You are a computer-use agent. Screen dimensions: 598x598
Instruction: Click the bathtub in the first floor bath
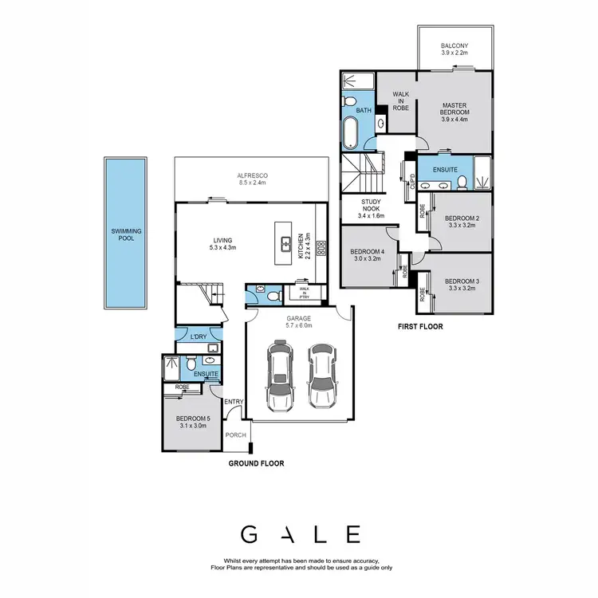click(x=351, y=132)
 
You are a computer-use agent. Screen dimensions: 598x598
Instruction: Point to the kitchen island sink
click(x=285, y=241)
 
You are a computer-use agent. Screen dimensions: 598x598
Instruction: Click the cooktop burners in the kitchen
click(x=321, y=246)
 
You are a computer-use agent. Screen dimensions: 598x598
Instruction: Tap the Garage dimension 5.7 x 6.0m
click(x=299, y=325)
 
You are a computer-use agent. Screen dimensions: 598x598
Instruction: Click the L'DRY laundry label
click(x=198, y=338)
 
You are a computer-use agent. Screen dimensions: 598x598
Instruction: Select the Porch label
click(x=236, y=435)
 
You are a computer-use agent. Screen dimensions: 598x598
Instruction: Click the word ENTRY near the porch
click(x=234, y=401)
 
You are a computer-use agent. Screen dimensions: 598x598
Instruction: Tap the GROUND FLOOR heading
click(x=256, y=463)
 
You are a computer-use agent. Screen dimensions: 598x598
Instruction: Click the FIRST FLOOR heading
click(x=419, y=327)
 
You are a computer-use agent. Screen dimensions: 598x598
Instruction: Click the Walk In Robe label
click(x=400, y=100)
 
